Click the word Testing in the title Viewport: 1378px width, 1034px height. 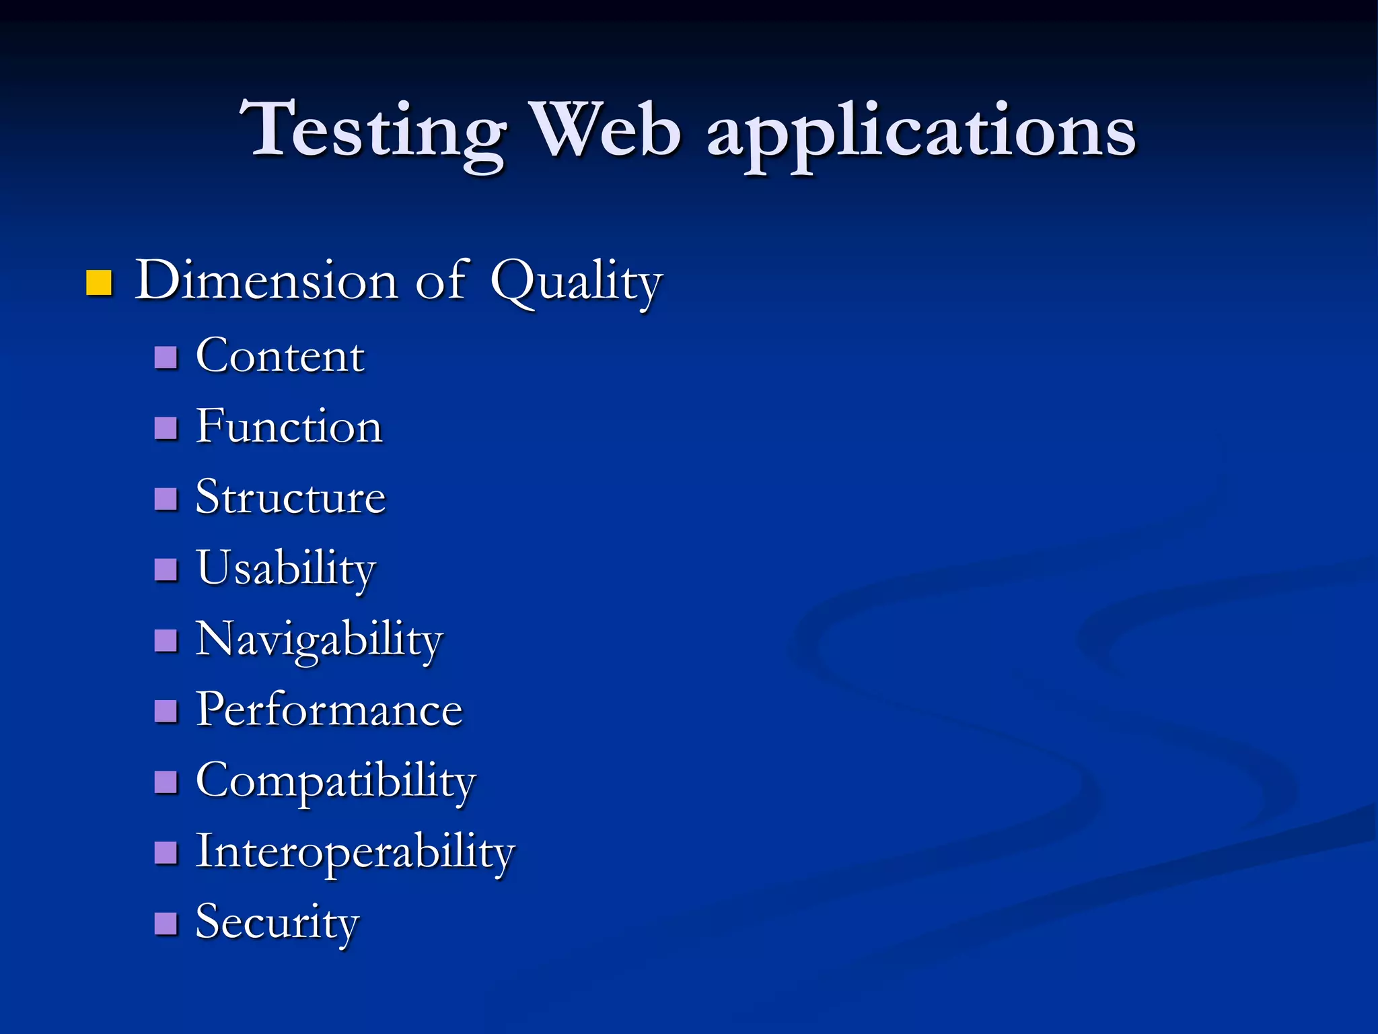click(x=373, y=131)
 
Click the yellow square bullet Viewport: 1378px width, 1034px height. click(x=99, y=283)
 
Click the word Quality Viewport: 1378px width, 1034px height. click(x=576, y=283)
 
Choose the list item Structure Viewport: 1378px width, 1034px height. click(x=291, y=497)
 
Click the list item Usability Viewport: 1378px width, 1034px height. click(x=286, y=570)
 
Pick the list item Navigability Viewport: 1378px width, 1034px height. click(x=319, y=640)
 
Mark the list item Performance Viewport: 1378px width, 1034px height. click(x=329, y=710)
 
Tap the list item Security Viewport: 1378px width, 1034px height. click(x=277, y=923)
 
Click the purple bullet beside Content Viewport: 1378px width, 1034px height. click(x=166, y=357)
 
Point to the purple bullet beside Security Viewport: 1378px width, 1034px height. click(x=166, y=924)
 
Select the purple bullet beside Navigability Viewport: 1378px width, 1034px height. click(x=166, y=641)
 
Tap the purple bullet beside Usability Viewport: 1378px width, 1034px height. click(x=166, y=570)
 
